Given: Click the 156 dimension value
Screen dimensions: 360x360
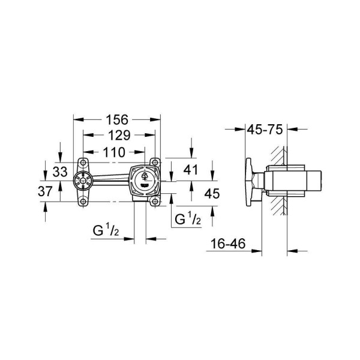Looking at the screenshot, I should tap(117, 120).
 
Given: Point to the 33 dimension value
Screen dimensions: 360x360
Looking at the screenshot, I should tap(59, 171).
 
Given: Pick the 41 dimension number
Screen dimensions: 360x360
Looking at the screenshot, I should tap(190, 170).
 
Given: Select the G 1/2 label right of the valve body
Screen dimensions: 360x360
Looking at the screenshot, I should tap(187, 220).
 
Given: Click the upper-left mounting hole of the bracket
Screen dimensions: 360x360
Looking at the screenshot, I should tap(82, 162).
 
